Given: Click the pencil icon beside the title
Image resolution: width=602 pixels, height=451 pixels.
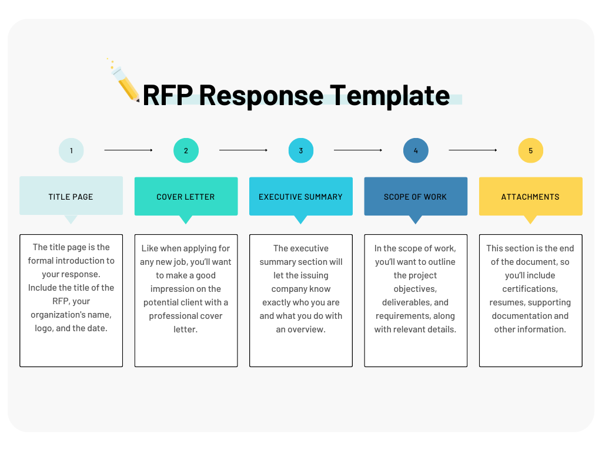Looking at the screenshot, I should (x=125, y=83).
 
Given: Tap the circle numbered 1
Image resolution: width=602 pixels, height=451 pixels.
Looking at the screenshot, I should (x=71, y=151).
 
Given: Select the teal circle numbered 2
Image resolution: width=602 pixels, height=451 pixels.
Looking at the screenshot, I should (x=186, y=151).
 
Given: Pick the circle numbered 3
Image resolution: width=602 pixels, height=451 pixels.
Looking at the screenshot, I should (x=300, y=151).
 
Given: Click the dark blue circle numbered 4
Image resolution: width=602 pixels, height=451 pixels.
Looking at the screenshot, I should (x=416, y=151).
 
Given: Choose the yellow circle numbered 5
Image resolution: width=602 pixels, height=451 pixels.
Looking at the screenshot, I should (x=530, y=151).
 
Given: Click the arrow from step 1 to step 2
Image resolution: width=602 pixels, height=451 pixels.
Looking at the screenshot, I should (x=128, y=150).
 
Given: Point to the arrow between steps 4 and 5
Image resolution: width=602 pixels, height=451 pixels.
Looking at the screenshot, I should (x=473, y=150).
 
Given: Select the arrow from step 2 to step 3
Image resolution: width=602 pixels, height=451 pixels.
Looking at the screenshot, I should (x=243, y=150).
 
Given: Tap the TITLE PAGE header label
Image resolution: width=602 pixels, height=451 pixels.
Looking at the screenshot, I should (x=71, y=197).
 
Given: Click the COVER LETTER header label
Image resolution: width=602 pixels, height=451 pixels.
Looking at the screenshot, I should (x=186, y=197).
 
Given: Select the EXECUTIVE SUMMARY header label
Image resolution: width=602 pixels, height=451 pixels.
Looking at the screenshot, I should (x=300, y=197).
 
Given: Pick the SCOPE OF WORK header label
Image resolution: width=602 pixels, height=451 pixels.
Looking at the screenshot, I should (x=416, y=197).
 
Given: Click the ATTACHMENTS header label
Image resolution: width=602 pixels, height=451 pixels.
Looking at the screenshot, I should (x=530, y=197).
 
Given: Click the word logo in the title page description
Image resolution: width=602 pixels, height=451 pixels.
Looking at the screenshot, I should (x=43, y=329).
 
